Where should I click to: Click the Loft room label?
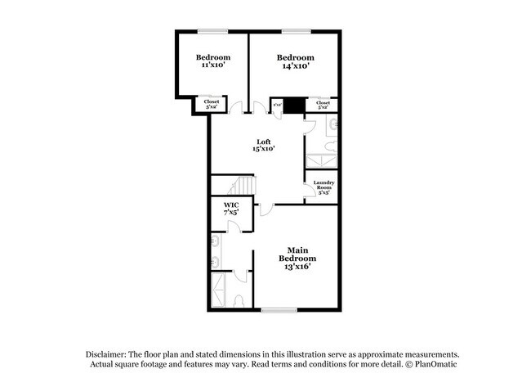[261, 145]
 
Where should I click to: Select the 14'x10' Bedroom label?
[295, 61]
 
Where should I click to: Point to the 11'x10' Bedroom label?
[212, 61]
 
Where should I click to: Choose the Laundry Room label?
[324, 187]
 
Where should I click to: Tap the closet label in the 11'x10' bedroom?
[211, 104]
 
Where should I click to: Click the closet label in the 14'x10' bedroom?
[323, 104]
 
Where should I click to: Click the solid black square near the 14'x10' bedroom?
[294, 105]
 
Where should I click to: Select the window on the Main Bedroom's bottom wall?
[278, 309]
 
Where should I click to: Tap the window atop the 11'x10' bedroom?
[212, 31]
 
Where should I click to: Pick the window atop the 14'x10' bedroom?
[295, 31]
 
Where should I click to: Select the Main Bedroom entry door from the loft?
[265, 209]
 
